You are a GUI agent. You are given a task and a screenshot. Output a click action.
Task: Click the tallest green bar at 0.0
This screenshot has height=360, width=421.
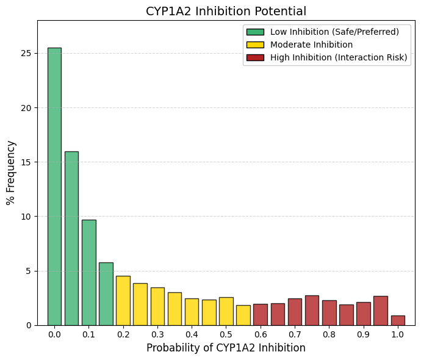tap(54, 187)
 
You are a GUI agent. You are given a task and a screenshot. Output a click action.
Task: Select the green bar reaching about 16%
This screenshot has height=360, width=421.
tap(71, 239)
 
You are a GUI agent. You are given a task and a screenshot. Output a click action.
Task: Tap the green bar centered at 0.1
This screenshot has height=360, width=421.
tap(89, 273)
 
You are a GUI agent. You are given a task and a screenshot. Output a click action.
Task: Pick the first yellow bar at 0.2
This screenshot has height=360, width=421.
tap(123, 301)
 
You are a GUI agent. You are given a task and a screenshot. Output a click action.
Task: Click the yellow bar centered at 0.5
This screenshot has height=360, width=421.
tap(226, 311)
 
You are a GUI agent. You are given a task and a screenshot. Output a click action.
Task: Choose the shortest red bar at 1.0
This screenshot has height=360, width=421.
tap(398, 320)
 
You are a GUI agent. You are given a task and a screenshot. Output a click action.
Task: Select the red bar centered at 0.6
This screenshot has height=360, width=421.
tap(261, 315)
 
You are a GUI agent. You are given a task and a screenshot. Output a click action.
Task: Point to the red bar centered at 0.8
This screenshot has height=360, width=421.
tap(329, 313)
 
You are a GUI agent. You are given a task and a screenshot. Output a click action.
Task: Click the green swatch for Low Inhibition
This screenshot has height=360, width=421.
tap(255, 32)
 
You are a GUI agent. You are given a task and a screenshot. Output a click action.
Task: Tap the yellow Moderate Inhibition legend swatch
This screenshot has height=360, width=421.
tap(255, 45)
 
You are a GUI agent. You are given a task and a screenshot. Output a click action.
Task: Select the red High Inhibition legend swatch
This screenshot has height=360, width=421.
tap(255, 57)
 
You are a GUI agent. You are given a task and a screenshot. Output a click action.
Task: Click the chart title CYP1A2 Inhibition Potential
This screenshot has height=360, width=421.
tap(226, 11)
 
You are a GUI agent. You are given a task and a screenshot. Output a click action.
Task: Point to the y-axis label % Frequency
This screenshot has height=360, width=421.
tap(11, 173)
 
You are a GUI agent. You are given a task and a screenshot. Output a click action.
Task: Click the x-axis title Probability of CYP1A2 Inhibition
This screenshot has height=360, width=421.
tap(226, 348)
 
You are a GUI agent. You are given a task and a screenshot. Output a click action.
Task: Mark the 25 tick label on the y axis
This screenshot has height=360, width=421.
tap(26, 54)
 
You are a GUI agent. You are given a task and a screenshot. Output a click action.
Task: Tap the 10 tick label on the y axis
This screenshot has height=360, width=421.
tap(26, 217)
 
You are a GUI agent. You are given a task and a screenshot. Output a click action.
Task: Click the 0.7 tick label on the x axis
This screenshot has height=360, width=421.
tap(295, 334)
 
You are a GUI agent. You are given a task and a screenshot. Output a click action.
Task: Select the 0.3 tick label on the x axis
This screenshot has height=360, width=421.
tap(157, 334)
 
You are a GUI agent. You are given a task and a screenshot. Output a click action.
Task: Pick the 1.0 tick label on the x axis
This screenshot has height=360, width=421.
tap(398, 334)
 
